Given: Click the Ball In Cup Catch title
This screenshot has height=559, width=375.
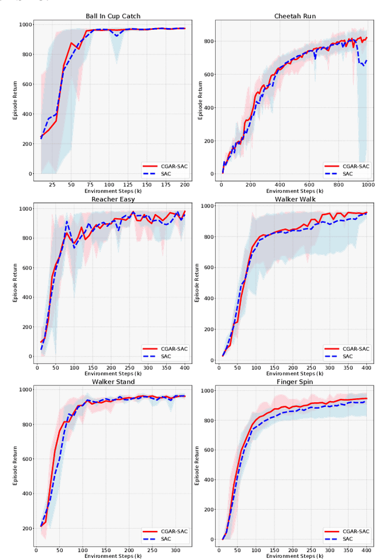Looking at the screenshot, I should tap(113, 16).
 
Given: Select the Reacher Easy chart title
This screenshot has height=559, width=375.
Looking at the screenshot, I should tap(113, 199).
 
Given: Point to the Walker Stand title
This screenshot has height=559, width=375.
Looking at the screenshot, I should tap(113, 382).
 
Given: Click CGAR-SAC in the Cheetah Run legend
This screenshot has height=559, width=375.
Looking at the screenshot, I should tap(356, 166).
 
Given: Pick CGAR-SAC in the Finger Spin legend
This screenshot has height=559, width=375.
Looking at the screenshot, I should tap(356, 532).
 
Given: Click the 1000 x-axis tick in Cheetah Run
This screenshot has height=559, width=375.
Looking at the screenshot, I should tap(367, 185).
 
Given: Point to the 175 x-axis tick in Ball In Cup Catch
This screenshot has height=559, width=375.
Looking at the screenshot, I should tap(166, 185).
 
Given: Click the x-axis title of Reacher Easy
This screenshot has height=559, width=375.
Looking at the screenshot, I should tap(113, 374).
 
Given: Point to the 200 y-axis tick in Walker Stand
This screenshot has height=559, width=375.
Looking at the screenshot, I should tap(27, 528).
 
